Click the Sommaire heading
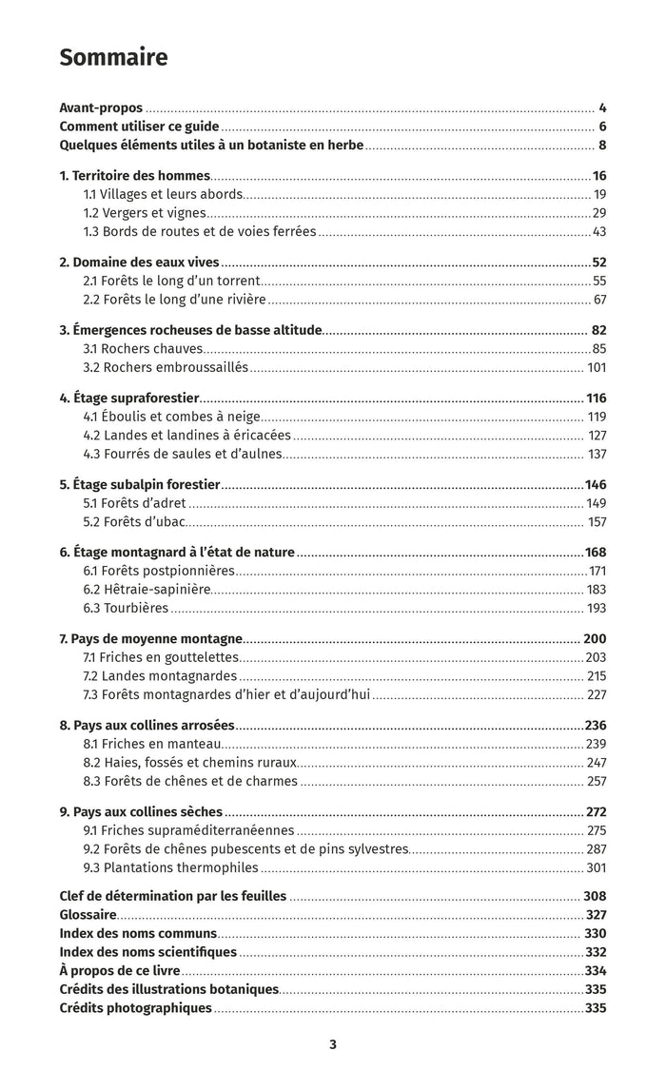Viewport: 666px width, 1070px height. click(113, 58)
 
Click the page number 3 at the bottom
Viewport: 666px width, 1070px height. click(333, 1043)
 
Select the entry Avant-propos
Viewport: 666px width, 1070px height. click(101, 107)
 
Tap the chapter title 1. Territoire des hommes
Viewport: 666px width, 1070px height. click(134, 176)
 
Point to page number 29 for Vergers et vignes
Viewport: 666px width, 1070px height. click(599, 213)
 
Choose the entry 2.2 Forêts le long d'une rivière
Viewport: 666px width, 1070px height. click(174, 300)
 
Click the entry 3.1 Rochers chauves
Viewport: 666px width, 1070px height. click(143, 349)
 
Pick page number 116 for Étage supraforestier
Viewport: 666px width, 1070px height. click(597, 399)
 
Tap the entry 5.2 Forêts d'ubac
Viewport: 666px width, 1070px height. click(133, 522)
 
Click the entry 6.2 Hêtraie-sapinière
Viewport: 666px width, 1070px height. click(147, 590)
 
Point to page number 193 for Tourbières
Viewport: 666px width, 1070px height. click(597, 609)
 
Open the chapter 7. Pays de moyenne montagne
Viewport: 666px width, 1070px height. click(150, 639)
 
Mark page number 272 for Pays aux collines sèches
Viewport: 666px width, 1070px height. click(597, 812)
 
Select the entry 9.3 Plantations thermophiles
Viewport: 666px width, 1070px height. click(170, 867)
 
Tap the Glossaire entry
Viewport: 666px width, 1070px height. click(88, 915)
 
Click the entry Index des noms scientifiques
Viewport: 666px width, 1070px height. click(147, 952)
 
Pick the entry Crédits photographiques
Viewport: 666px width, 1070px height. click(135, 1008)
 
